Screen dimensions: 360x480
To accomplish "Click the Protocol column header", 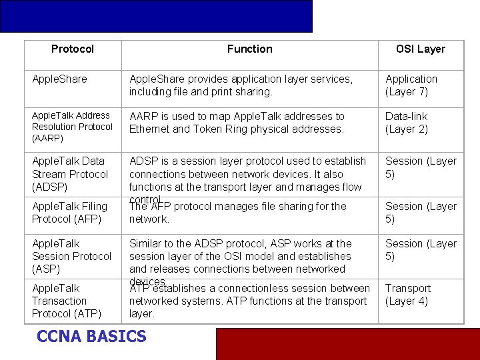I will [73, 49].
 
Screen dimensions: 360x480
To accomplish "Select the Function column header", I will [249, 49].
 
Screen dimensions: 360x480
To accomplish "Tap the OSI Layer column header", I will [420, 49].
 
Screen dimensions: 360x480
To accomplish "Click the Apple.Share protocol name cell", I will [59, 79].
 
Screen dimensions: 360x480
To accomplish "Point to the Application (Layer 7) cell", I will [411, 85].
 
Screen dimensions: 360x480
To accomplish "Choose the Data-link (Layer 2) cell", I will [407, 123].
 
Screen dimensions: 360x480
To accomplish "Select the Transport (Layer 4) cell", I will [408, 295].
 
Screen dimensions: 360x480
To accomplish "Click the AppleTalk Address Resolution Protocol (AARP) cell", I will [72, 127].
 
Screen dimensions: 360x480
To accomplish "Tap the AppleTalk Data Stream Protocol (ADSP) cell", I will [70, 174].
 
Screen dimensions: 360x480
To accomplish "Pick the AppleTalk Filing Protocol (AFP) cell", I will [69, 213].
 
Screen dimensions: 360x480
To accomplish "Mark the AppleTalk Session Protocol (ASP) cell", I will [71, 256].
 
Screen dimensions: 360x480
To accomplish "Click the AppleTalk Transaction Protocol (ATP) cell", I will [67, 301].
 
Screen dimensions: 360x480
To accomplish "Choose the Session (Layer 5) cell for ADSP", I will [421, 167].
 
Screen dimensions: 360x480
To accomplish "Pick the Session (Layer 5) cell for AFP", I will [421, 213].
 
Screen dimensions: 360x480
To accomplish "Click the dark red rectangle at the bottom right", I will [347, 343].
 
